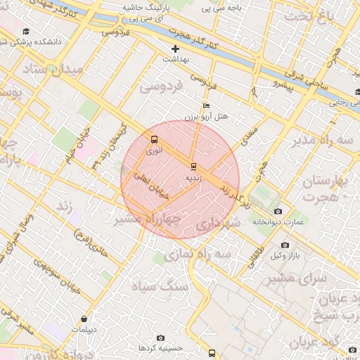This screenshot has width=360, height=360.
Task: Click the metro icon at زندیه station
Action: click(193, 167)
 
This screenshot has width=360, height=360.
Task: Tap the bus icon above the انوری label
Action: click(154, 139)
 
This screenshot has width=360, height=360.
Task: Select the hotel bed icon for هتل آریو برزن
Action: click(205, 105)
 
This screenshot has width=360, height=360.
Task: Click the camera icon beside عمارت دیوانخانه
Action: click(278, 211)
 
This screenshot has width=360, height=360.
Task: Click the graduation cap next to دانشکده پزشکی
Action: click(27, 32)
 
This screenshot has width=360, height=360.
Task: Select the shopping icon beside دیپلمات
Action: click(84, 319)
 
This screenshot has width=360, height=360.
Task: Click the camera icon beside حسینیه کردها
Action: click(162, 337)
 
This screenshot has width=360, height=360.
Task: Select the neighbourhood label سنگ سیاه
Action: click(162, 286)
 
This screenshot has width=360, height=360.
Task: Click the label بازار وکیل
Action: click(289, 257)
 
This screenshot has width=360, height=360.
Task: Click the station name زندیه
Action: click(193, 178)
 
